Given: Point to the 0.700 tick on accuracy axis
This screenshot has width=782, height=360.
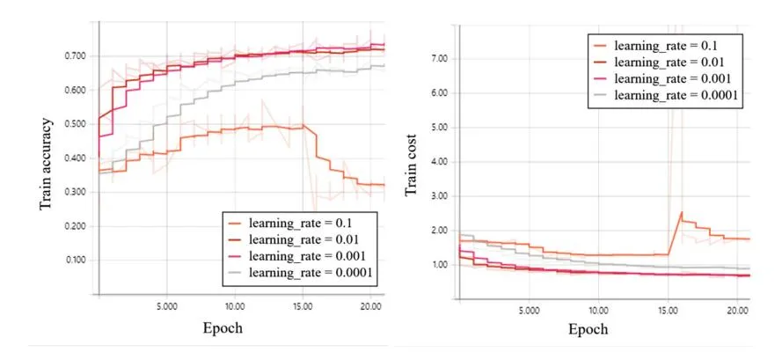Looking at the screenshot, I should pos(75,55).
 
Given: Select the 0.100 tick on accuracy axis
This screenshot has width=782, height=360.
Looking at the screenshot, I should pos(75,261).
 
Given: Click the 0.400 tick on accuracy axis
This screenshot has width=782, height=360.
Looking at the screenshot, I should pos(75,158).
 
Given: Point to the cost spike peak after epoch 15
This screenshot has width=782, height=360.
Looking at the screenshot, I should pos(681,212).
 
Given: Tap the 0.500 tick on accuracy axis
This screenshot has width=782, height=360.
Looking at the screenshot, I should pos(75,124).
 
